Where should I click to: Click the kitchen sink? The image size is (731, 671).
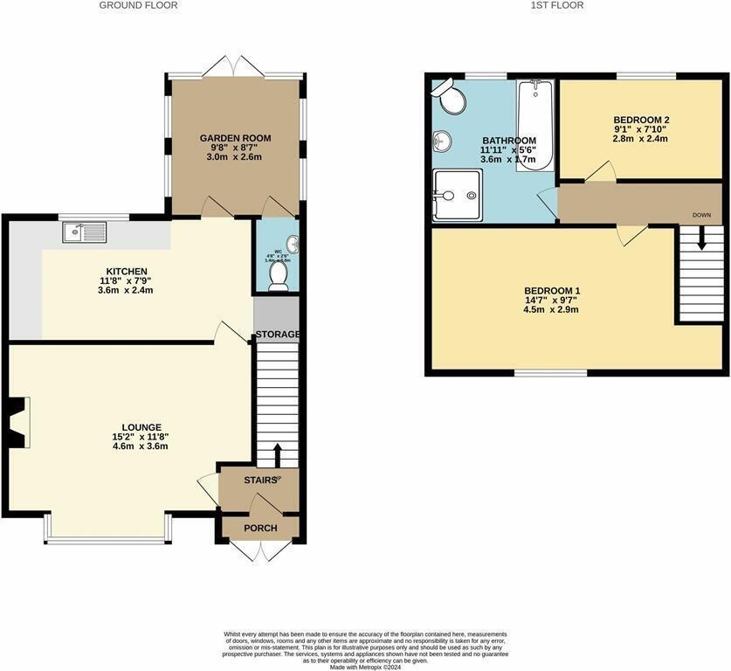(85, 232)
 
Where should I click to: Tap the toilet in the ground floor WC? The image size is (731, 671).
(279, 274)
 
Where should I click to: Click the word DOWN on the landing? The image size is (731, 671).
(701, 214)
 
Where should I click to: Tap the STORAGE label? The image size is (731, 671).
(277, 335)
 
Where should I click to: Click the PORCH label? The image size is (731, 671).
(259, 528)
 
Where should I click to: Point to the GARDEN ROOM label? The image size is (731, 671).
(235, 138)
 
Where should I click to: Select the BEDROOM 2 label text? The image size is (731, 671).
(641, 120)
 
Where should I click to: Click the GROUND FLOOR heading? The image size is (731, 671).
(138, 5)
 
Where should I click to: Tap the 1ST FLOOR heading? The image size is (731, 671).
(556, 5)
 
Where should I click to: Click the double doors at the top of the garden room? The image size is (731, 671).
(237, 66)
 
